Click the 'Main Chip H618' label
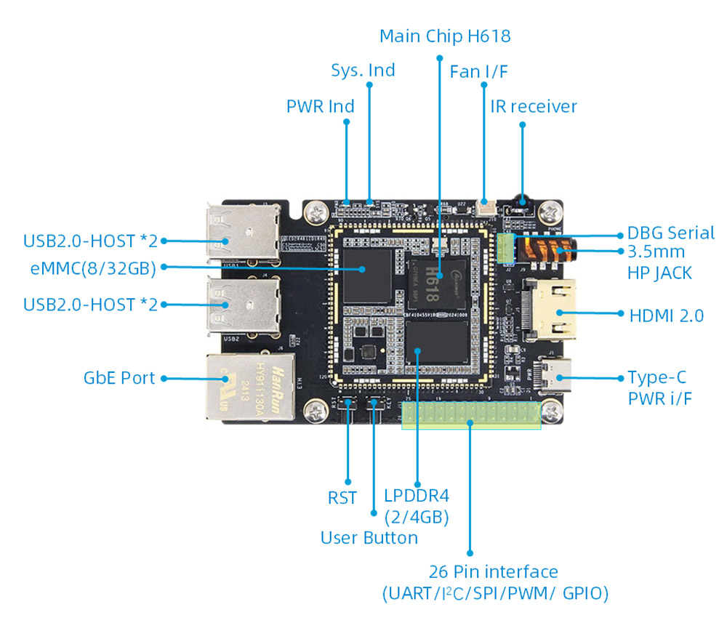[x=445, y=36]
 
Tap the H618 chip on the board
[x=435, y=276]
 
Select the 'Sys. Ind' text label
[x=363, y=70]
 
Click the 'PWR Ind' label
[x=320, y=106]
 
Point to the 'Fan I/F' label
[x=478, y=71]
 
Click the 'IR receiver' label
[x=534, y=106]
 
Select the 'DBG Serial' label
[x=670, y=233]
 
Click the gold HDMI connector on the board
[x=553, y=313]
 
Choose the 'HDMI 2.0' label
[x=665, y=315]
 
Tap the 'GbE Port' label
[x=119, y=378]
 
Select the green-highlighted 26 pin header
[x=471, y=416]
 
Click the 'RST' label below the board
[x=342, y=498]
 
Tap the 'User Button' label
[x=369, y=538]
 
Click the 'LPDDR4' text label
[x=417, y=496]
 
